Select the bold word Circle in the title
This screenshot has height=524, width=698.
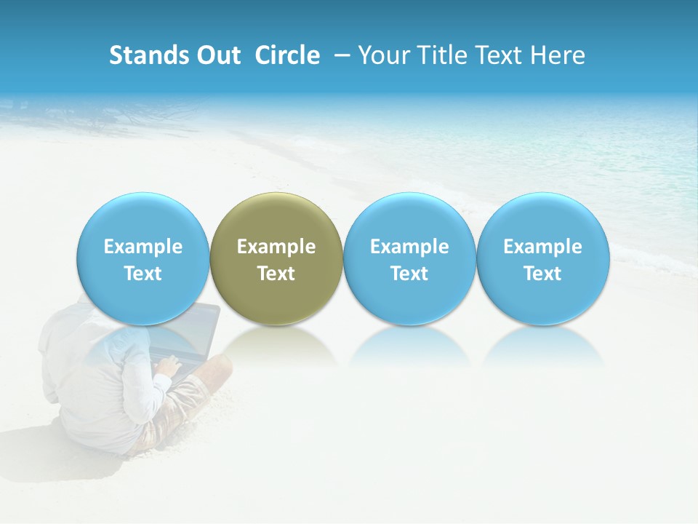pyautogui.click(x=287, y=55)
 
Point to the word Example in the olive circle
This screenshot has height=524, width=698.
pyautogui.click(x=276, y=247)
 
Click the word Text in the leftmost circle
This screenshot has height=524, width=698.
pyautogui.click(x=143, y=274)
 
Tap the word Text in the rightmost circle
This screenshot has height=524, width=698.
pyautogui.click(x=543, y=274)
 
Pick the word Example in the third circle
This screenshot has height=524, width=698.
pyautogui.click(x=409, y=247)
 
